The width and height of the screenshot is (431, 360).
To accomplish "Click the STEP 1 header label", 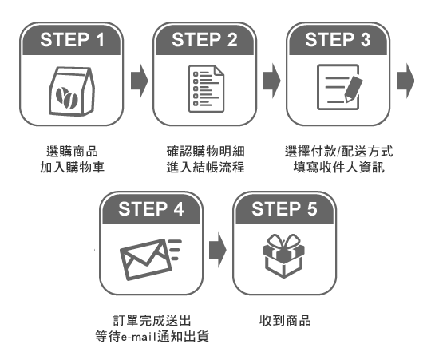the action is (72, 40).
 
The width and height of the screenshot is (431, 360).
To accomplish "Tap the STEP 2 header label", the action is (204, 40).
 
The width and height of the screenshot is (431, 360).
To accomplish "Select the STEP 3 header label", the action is (338, 40).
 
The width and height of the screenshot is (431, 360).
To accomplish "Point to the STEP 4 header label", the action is (151, 209).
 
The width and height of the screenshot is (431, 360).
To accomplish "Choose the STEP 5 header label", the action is (284, 209).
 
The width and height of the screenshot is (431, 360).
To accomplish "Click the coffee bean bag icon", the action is (72, 91).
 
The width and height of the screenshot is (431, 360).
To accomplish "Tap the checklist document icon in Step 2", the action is (206, 89).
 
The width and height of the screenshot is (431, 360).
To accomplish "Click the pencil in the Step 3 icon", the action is (354, 89).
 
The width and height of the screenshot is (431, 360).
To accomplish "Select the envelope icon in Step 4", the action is (146, 259).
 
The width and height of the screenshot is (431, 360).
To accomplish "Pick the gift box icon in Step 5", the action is (284, 256).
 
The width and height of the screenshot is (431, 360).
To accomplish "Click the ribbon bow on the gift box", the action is (284, 242).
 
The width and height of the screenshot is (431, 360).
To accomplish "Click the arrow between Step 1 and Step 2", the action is (140, 81).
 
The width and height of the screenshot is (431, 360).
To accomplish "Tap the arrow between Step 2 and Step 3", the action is (272, 81).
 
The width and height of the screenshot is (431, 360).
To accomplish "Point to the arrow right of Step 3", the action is (405, 81).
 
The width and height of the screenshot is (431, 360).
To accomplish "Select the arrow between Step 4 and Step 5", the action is (218, 250).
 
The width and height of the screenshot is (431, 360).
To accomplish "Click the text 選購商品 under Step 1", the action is (72, 152).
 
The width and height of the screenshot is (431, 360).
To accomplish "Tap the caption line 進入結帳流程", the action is (205, 168).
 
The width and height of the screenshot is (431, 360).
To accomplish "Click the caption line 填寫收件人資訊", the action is (338, 168).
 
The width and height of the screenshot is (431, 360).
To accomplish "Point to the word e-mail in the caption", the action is (139, 337).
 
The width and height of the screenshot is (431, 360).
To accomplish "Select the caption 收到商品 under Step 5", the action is (285, 320).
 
